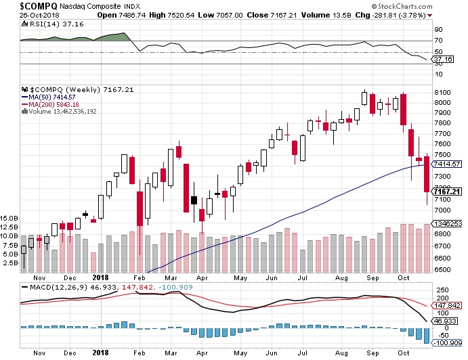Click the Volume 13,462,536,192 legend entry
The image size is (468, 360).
pyautogui.click(x=71, y=112)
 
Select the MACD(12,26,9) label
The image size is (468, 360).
pyautogui.click(x=51, y=288)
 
